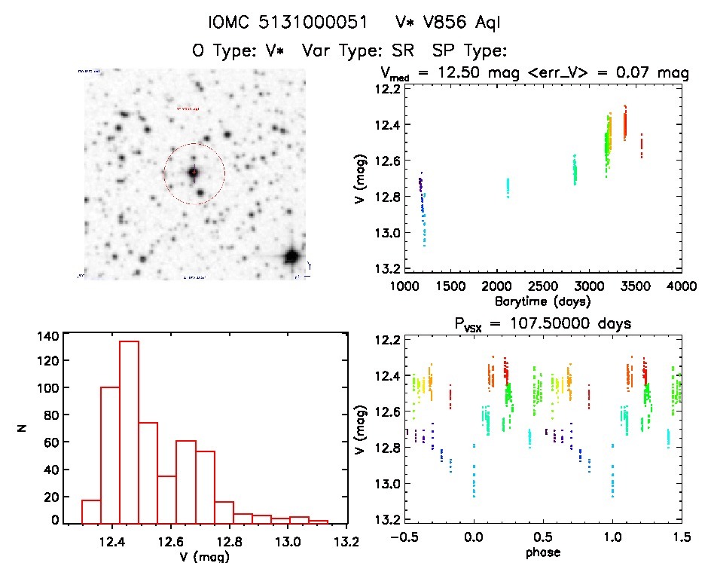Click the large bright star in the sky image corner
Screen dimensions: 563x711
click(x=291, y=256)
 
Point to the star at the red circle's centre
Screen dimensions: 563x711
click(x=194, y=173)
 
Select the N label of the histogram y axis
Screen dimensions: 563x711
click(x=25, y=430)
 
